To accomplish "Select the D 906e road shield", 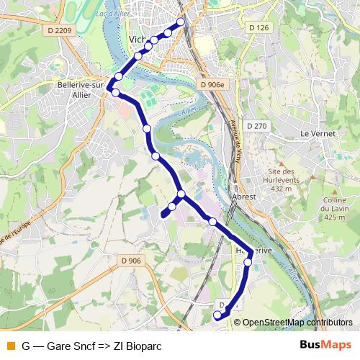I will point(212,84).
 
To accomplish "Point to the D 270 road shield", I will point(256,125).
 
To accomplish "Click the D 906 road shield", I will point(130,261).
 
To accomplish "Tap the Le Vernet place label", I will point(314,134).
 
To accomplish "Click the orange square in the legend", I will point(9,346).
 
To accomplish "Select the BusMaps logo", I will point(326,346).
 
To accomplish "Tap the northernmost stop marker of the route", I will point(180,22).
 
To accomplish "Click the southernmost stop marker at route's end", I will point(217,315).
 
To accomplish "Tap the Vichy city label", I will point(137,40).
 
